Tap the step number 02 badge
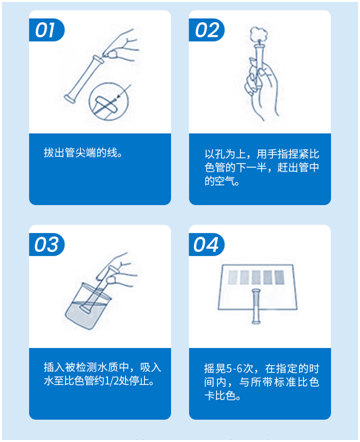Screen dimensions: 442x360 click(208, 29)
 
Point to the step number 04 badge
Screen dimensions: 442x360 click(208, 243)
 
